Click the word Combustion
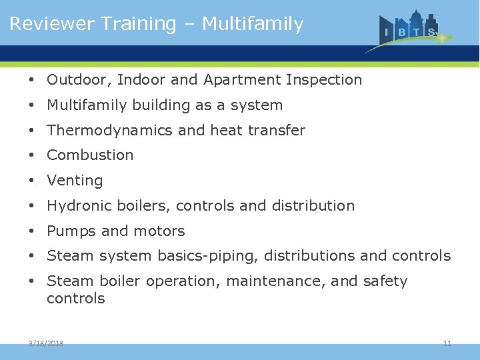90,155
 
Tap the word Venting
75,181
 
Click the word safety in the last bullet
385,281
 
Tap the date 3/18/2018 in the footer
46,343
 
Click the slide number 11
447,343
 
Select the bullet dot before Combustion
32,155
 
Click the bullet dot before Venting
32,181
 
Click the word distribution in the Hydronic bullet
313,206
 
